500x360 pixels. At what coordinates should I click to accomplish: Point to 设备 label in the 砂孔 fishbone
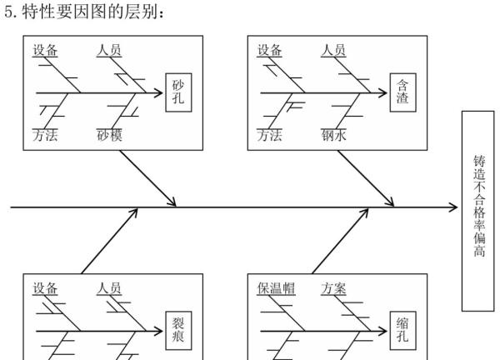coord(46,51)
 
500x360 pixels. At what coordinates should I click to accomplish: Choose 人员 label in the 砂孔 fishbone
coord(109,51)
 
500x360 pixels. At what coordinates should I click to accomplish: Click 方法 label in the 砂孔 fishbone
coord(46,134)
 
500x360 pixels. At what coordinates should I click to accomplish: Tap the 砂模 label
coord(109,134)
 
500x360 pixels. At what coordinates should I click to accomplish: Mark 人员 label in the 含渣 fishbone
coord(334,51)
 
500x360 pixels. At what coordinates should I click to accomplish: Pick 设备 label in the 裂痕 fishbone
coord(46,288)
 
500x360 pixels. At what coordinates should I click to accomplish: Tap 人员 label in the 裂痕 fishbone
coord(109,288)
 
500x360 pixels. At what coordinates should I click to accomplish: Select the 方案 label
coord(334,288)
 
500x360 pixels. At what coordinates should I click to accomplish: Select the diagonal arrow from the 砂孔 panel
coord(147,177)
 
